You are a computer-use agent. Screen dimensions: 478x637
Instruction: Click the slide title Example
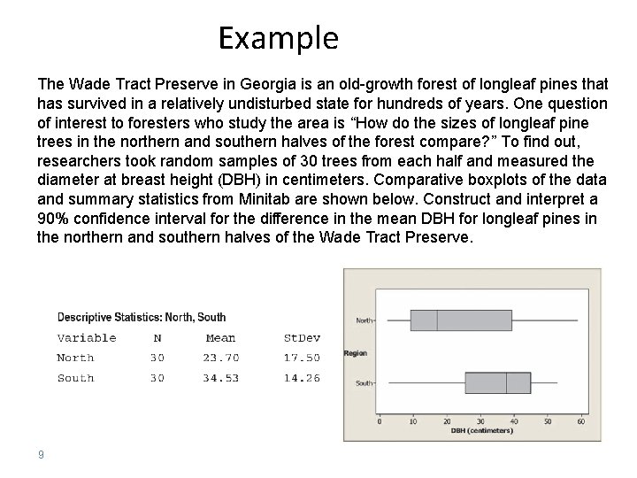tap(278, 38)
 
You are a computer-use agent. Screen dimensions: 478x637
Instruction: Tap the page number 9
tap(41, 455)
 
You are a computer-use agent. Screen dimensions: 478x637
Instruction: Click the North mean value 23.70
tap(220, 358)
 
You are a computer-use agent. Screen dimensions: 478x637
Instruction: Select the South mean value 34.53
tap(220, 378)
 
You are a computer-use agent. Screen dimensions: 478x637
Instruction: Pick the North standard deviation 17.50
tap(301, 358)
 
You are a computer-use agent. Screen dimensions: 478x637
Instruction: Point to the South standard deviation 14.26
tap(301, 378)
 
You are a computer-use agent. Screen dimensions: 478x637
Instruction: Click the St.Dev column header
tap(301, 337)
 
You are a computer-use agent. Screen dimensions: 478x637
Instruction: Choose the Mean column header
tap(220, 337)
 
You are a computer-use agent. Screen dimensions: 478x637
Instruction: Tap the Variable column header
tap(86, 337)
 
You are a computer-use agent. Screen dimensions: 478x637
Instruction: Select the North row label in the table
tap(75, 358)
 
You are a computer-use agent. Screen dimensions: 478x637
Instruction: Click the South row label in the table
tap(75, 378)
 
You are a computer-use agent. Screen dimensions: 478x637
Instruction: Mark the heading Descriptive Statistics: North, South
tap(141, 317)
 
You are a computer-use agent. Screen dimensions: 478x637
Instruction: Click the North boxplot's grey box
tap(461, 320)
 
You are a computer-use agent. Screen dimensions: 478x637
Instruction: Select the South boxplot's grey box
tap(497, 382)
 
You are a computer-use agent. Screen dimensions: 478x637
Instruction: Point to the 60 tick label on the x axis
tap(580, 421)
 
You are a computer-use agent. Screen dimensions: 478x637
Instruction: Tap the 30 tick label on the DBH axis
tap(480, 421)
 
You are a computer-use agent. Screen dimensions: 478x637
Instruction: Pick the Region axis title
tap(356, 352)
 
